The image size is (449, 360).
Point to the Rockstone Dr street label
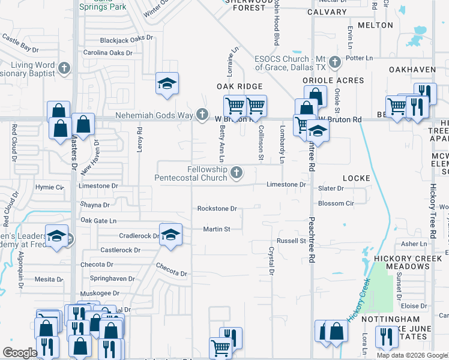(x=217, y=209)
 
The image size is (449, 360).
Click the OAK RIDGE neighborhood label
(x=240, y=86)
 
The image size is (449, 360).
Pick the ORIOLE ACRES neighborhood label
(x=333, y=80)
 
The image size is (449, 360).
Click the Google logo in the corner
(x=20, y=353)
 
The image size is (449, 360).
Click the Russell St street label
(x=291, y=241)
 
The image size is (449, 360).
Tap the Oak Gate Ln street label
(x=98, y=221)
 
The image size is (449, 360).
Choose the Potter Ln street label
(x=360, y=58)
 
